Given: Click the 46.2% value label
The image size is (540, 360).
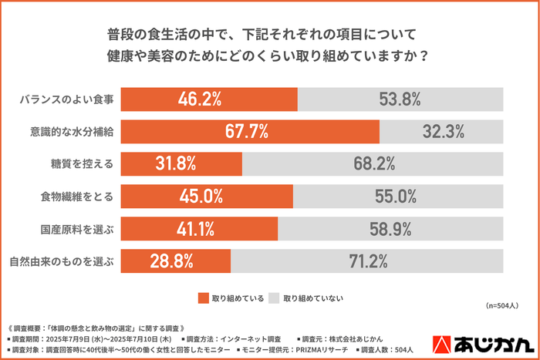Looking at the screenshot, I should tap(201, 99).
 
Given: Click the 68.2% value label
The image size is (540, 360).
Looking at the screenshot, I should tap(374, 163).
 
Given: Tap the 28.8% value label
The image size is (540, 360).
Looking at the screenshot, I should tap(171, 261).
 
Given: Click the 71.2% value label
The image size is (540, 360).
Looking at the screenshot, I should tap(368, 261).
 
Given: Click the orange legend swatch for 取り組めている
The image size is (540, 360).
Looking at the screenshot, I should tap(204, 298).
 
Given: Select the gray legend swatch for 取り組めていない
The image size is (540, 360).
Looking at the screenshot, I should tap(273, 298).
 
